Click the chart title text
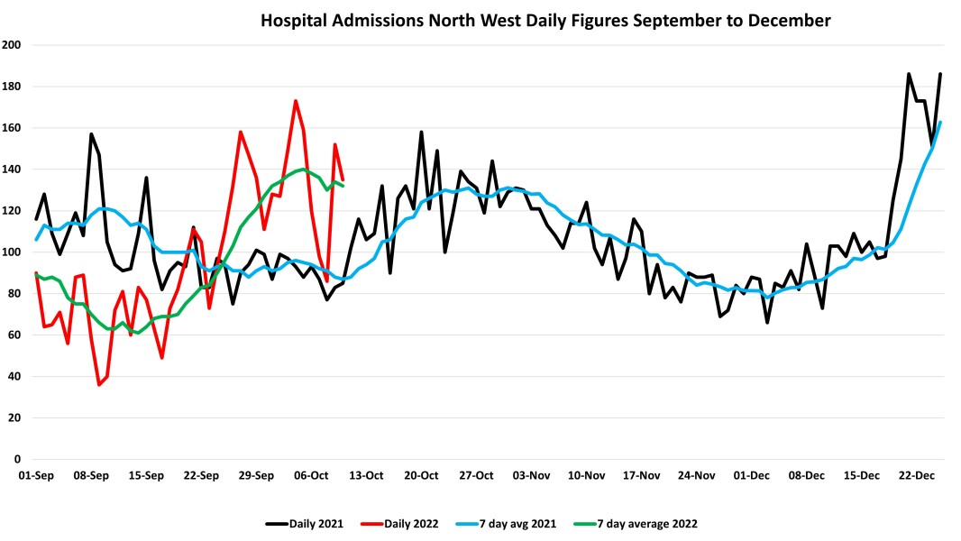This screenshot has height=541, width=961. [545, 19]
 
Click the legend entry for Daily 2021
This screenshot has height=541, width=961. [304, 523]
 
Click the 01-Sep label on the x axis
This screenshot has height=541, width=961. [36, 475]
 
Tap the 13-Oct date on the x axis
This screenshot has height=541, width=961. [368, 475]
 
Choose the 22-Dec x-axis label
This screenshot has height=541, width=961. [919, 475]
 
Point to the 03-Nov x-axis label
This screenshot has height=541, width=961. [532, 475]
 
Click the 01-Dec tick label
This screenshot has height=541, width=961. [752, 475]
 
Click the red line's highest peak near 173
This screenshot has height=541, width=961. [296, 101]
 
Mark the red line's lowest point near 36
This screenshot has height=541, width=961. [99, 385]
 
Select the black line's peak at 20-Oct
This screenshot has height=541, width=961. [421, 133]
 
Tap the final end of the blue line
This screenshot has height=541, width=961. [940, 123]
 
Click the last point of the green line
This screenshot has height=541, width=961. [343, 186]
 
